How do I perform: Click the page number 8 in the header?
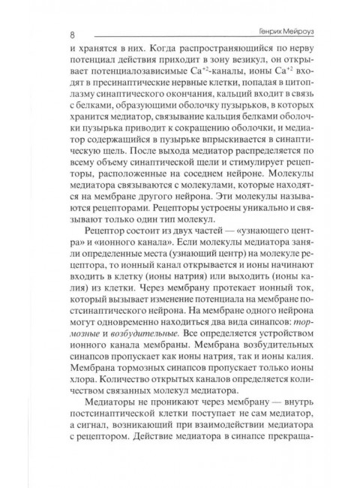tap(71, 34)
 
